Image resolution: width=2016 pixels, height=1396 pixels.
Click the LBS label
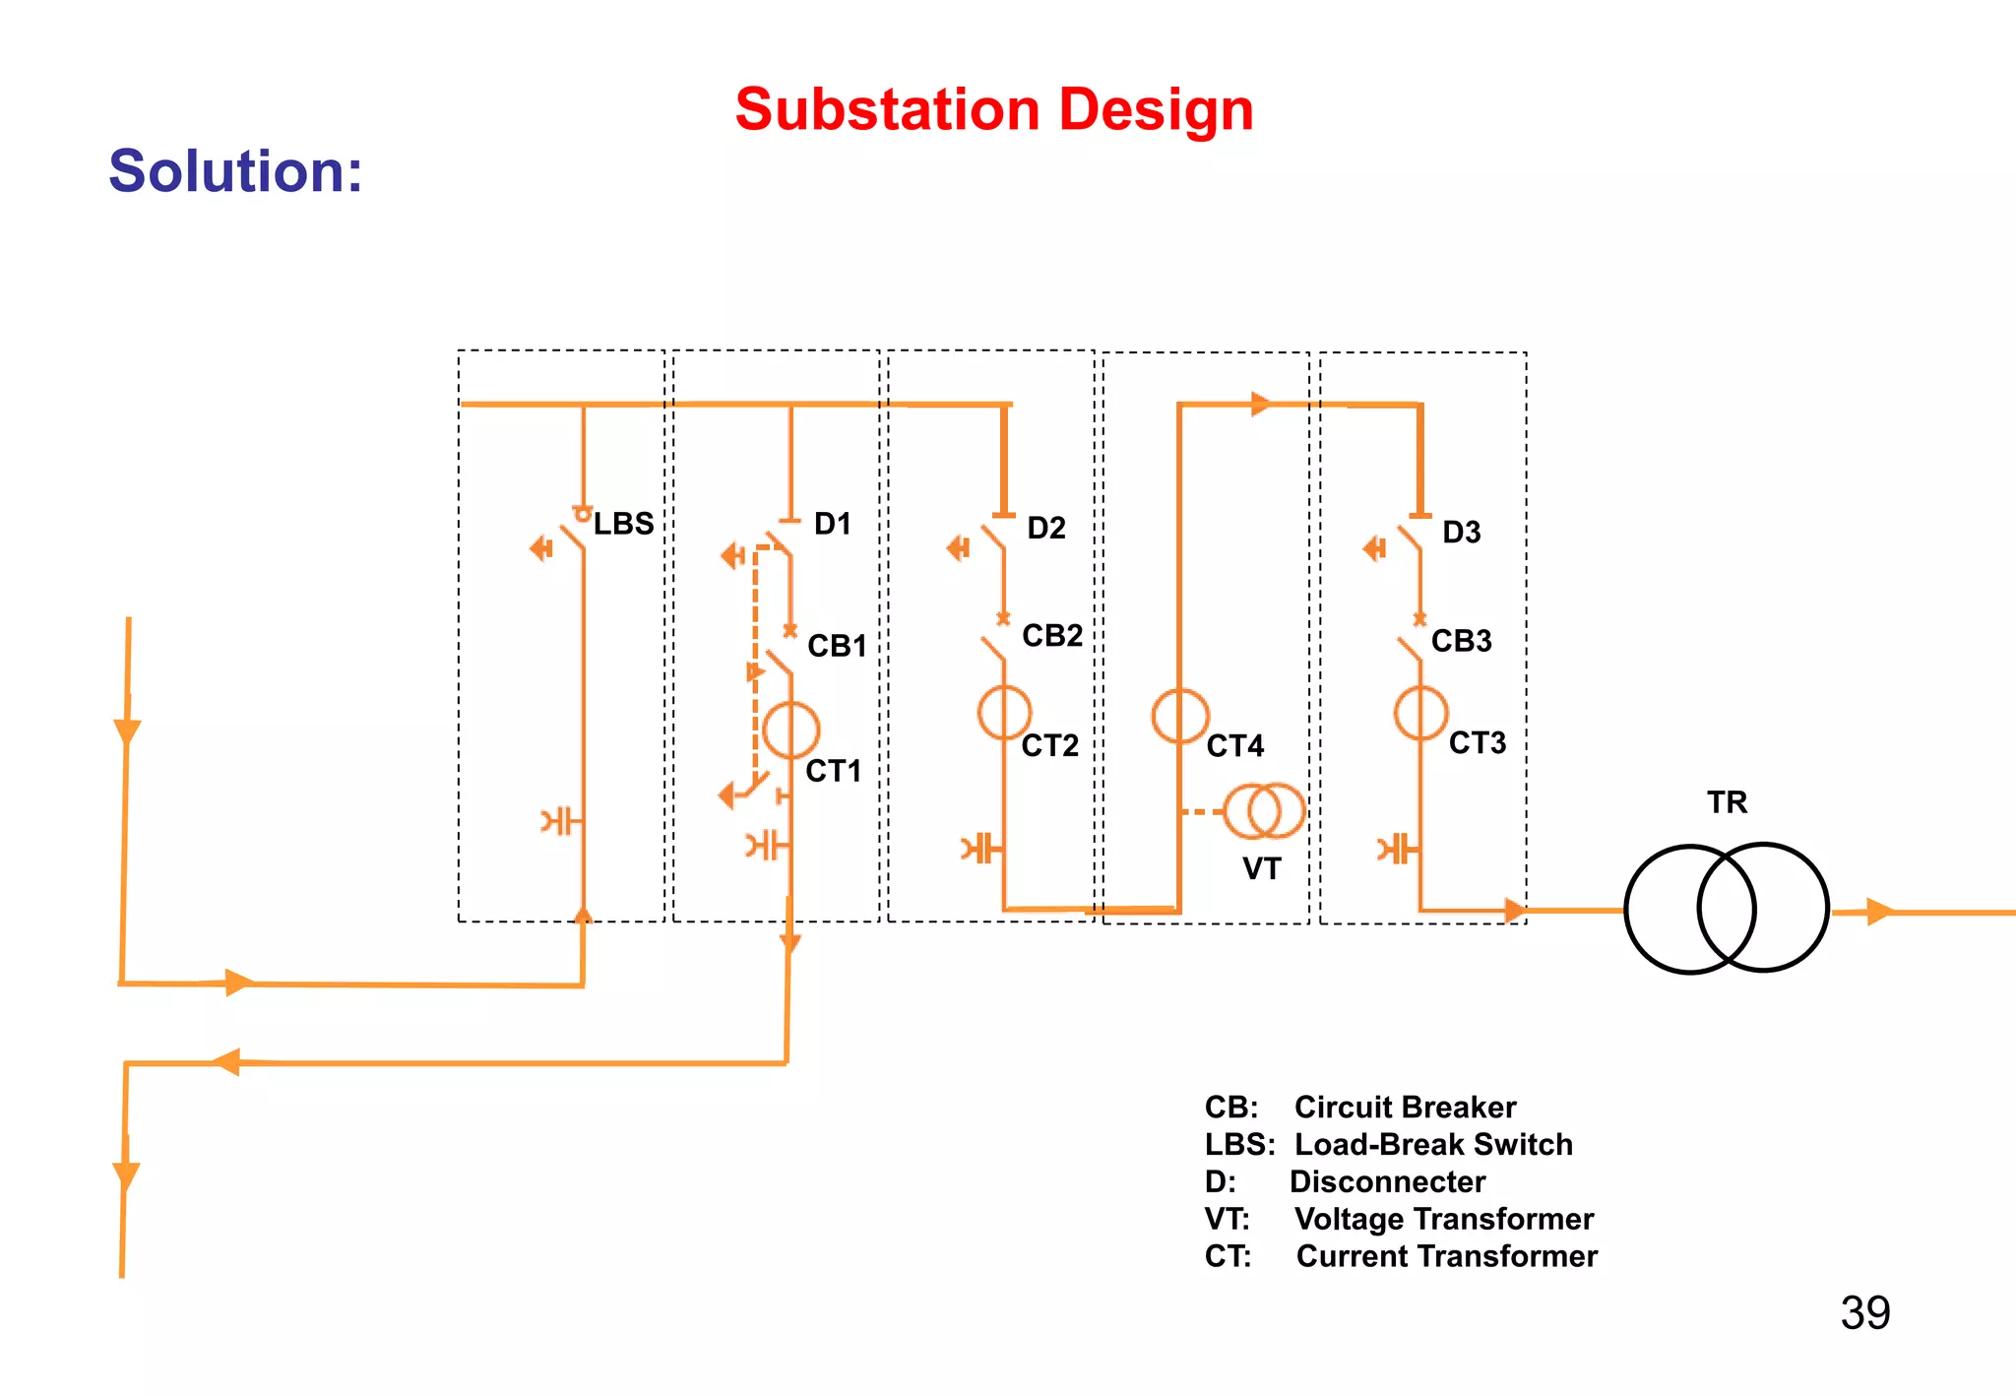tap(623, 524)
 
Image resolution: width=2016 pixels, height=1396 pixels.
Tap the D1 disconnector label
tap(832, 524)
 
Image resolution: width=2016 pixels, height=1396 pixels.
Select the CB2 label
tap(1051, 636)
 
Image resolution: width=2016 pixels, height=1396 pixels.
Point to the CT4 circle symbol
tap(1179, 716)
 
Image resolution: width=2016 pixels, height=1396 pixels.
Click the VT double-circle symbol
tap(1265, 811)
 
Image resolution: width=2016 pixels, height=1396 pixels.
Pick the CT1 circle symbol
tap(790, 730)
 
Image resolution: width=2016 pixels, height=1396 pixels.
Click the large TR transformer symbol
tap(1726, 909)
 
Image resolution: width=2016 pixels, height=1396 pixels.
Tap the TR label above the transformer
tap(1727, 802)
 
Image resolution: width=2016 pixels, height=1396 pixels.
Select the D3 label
tap(1461, 533)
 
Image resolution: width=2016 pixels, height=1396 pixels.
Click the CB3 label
tap(1461, 641)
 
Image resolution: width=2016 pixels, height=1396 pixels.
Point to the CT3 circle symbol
tap(1420, 713)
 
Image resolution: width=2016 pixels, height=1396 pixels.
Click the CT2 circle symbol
tap(1004, 713)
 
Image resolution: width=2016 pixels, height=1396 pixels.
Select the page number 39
tap(1864, 1313)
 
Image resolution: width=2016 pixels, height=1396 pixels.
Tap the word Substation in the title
tap(887, 109)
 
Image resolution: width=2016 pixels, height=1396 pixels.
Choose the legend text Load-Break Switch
tap(1433, 1145)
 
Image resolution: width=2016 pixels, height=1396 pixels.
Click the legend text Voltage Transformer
tap(1443, 1220)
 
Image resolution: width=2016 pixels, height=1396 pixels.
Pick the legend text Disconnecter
tap(1387, 1182)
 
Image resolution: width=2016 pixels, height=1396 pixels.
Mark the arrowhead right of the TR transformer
tap(1878, 912)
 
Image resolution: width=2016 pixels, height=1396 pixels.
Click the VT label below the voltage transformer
tap(1261, 869)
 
